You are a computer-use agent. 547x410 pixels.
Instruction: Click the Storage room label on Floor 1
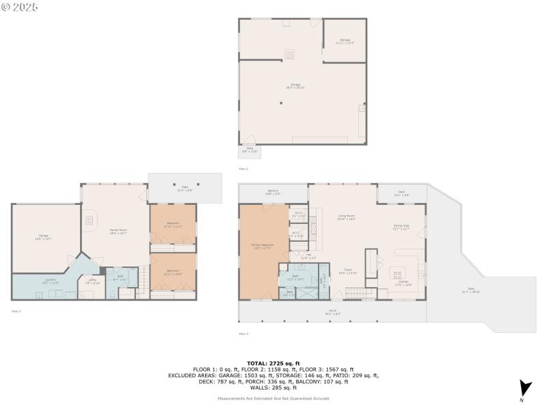tap(345, 41)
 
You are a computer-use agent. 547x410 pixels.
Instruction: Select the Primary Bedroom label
tap(263, 245)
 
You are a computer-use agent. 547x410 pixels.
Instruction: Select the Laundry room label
tap(51, 280)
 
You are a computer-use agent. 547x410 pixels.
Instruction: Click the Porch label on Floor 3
tap(332, 312)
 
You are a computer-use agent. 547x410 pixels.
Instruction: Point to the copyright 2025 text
tap(20, 6)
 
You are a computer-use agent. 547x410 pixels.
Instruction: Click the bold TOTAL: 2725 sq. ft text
tap(273, 364)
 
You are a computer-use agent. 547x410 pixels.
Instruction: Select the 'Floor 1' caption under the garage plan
tap(243, 168)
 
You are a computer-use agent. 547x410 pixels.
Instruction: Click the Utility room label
tap(92, 281)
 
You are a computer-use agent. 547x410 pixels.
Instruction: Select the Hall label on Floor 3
tap(308, 257)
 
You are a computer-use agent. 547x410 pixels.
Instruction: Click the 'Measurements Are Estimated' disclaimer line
tap(273, 398)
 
